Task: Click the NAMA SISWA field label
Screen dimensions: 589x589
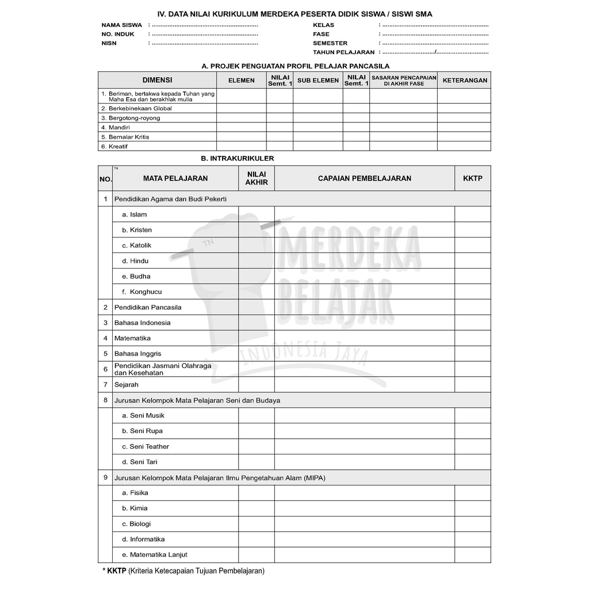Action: coord(121,25)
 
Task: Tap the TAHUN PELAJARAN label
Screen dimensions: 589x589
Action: coord(343,52)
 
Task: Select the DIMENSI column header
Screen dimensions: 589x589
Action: coord(157,81)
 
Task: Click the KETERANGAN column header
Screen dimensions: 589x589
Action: coord(464,81)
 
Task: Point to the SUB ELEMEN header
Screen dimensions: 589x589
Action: coord(318,81)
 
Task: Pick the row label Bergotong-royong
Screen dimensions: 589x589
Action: coord(134,118)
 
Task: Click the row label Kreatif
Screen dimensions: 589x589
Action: coord(118,147)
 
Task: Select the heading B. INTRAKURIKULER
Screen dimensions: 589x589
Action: coord(238,158)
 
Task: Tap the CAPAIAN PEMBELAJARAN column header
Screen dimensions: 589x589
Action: coord(364,178)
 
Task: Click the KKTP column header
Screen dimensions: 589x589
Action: coord(472,178)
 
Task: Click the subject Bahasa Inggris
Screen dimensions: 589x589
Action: coord(137,354)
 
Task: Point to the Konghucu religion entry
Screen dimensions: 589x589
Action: coord(146,292)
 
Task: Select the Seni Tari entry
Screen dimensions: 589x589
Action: coord(143,462)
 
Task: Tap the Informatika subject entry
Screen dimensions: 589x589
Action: coord(147,540)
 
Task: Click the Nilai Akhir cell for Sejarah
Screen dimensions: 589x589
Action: coord(257,385)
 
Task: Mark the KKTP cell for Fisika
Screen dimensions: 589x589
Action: coord(472,493)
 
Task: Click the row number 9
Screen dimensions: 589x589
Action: coord(105,477)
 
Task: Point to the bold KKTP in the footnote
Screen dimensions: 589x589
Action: coord(116,572)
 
